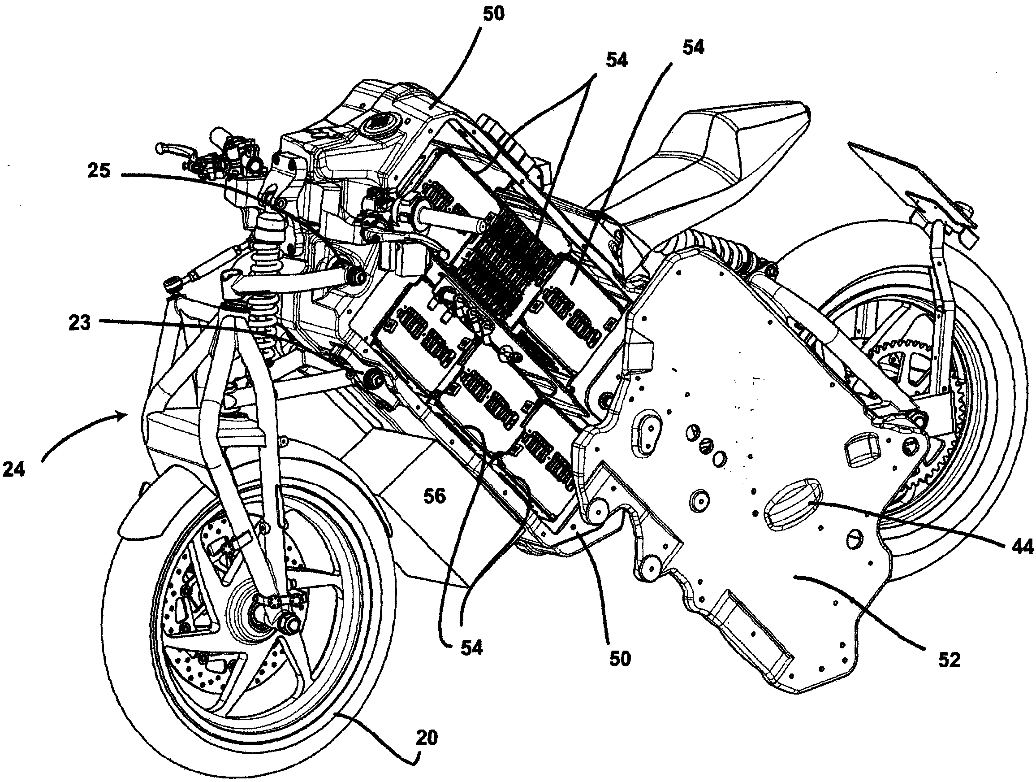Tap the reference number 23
pos(79,323)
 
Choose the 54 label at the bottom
pos(471,648)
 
